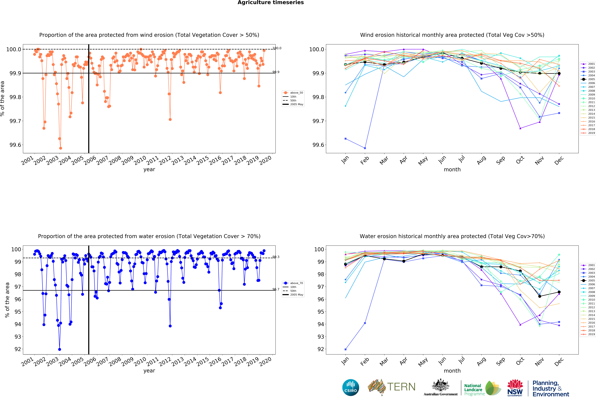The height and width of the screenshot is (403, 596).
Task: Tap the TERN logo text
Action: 401,387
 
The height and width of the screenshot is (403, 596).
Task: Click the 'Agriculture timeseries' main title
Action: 271,3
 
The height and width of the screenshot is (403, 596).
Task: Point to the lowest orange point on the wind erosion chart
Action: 61,148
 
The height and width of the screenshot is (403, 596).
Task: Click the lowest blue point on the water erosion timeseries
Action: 60,349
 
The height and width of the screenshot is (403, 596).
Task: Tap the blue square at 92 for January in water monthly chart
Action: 345,349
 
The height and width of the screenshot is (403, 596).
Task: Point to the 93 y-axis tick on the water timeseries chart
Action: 18,337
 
